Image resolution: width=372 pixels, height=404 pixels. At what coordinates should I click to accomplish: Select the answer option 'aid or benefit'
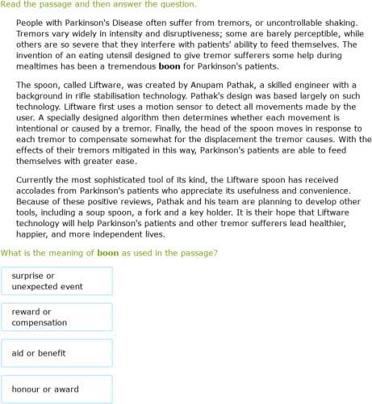pyautogui.click(x=56, y=353)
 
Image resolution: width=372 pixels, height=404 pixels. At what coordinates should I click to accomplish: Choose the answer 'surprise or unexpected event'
pyautogui.click(x=56, y=281)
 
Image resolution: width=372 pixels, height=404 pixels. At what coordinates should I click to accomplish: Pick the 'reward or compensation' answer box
pyautogui.click(x=56, y=318)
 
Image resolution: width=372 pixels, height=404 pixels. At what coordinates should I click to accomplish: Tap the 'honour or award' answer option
pyautogui.click(x=56, y=389)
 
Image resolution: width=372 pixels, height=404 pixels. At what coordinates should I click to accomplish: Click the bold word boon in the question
pyautogui.click(x=107, y=253)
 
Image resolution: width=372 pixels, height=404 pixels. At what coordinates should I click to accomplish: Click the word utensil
pyautogui.click(x=121, y=55)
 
